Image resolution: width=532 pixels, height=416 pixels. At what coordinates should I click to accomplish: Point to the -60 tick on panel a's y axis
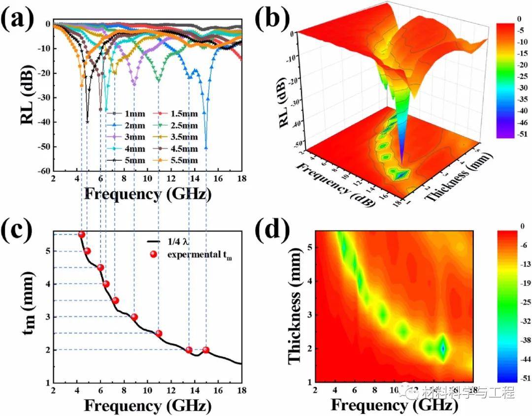coord(42,171)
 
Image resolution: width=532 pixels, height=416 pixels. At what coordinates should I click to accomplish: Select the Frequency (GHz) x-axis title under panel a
coord(148,193)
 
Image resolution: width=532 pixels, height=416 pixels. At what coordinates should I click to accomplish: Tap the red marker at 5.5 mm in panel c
coord(81,235)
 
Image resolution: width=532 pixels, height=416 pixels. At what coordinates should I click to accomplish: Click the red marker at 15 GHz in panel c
coord(206,350)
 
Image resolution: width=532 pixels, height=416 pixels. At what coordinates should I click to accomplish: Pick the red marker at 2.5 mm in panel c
coord(159,333)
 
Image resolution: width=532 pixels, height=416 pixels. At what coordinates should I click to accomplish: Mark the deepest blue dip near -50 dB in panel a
coord(206,148)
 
